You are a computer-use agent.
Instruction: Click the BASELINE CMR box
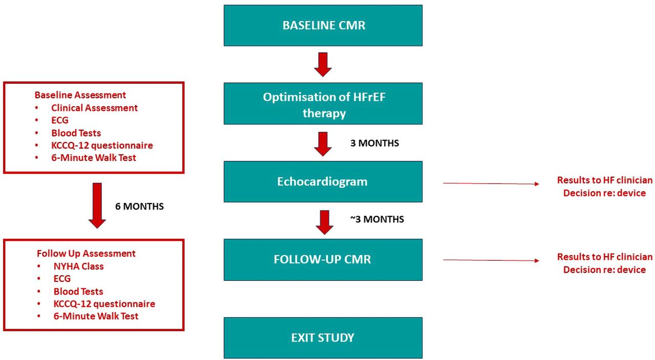(323, 26)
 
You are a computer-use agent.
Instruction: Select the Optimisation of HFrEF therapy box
(323, 104)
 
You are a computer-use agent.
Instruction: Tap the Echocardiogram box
(323, 182)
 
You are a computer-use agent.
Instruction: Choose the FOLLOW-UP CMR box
(323, 259)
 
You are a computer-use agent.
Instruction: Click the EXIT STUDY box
(323, 337)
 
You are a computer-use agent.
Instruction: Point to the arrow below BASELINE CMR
(323, 64)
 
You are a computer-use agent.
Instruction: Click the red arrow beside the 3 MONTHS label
(323, 143)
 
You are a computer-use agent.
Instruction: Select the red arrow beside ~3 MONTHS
(323, 221)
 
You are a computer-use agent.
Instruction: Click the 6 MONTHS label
(139, 207)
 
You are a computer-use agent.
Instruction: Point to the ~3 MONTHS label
(377, 219)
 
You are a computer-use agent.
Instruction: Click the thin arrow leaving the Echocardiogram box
(490, 183)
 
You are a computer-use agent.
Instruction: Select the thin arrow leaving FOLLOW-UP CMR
(490, 260)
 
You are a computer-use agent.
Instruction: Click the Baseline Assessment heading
(80, 95)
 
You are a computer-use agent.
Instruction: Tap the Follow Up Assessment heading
(86, 254)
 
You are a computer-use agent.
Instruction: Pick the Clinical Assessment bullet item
(94, 108)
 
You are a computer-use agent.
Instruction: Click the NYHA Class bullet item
(78, 266)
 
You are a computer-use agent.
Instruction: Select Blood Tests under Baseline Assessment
(76, 133)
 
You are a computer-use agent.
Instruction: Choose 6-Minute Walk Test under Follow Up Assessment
(96, 316)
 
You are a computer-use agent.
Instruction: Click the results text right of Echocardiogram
(604, 187)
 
